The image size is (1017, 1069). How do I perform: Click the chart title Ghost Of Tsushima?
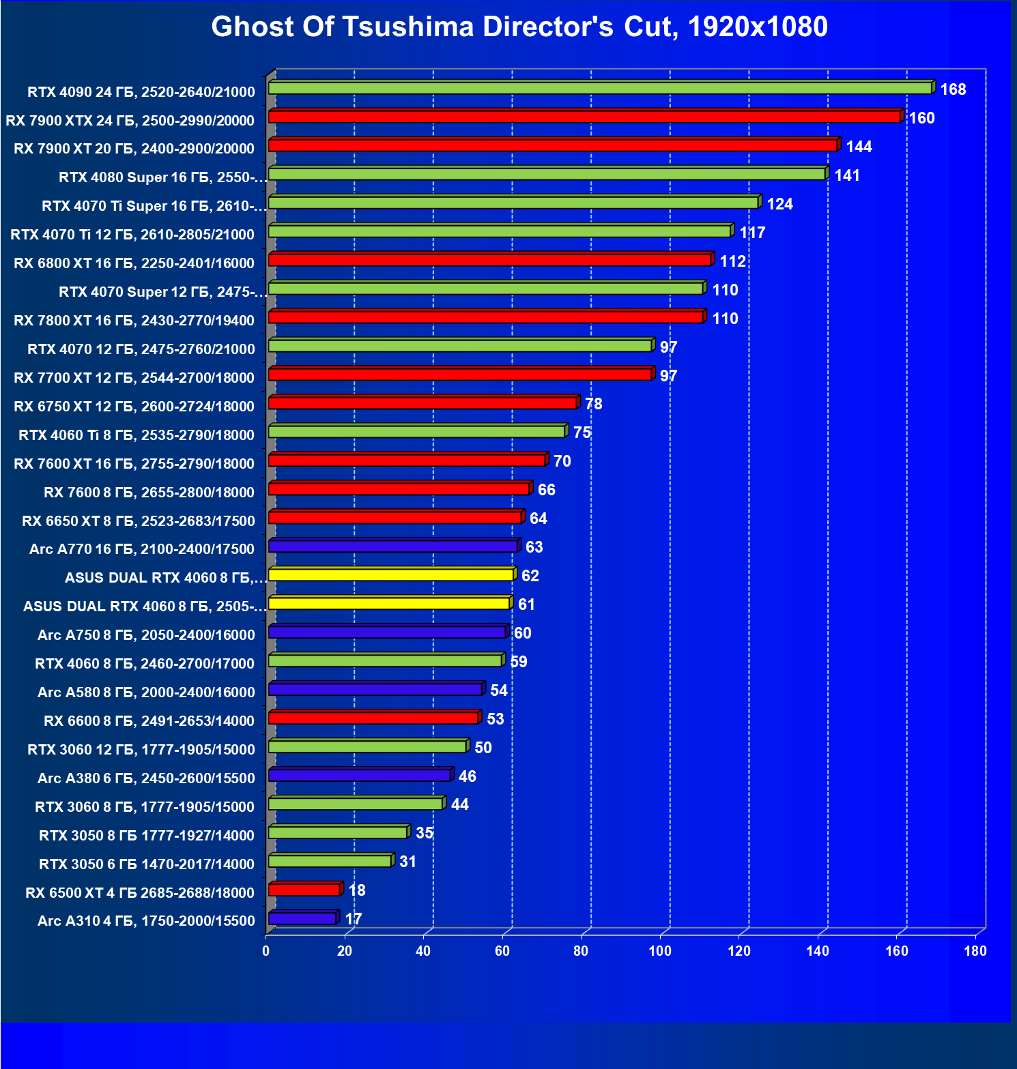click(519, 27)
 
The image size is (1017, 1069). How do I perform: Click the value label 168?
click(953, 89)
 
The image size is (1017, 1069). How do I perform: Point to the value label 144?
click(859, 147)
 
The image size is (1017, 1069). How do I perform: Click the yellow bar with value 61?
click(389, 604)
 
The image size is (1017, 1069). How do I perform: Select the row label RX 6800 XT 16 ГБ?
click(134, 263)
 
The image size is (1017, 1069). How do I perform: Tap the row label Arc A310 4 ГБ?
click(146, 921)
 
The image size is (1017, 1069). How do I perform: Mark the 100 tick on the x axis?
click(659, 951)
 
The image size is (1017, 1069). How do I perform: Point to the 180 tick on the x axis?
click(975, 951)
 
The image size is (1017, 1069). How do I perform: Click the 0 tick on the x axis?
click(266, 951)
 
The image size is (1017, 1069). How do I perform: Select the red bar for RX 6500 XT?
click(304, 890)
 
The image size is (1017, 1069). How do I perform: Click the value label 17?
click(354, 919)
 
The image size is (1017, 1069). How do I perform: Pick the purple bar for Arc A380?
click(359, 776)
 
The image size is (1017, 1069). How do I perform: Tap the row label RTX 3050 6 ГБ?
click(146, 864)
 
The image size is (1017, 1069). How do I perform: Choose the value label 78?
click(593, 404)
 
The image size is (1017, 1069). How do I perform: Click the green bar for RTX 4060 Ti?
click(416, 432)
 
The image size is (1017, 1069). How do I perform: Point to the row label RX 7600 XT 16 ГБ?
click(134, 464)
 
